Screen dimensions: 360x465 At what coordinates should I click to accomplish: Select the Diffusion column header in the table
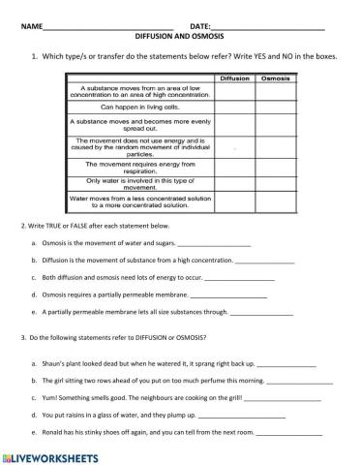click(x=234, y=77)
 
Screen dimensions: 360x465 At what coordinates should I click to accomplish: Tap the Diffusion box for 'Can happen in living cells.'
click(x=234, y=107)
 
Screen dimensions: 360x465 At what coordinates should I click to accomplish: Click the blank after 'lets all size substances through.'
click(x=261, y=313)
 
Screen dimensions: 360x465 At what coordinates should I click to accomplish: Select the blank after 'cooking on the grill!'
click(x=291, y=398)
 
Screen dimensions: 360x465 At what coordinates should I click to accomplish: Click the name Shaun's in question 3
click(x=52, y=362)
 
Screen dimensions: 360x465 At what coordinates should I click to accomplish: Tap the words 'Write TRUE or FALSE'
click(x=57, y=226)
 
